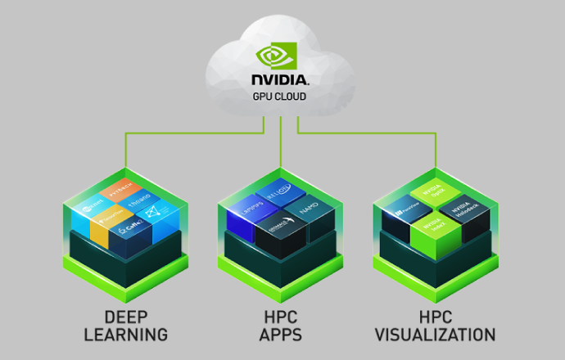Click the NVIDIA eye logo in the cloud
(x=282, y=56)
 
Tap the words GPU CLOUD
(x=282, y=95)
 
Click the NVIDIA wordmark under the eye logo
(x=282, y=80)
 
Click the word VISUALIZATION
(x=434, y=335)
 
